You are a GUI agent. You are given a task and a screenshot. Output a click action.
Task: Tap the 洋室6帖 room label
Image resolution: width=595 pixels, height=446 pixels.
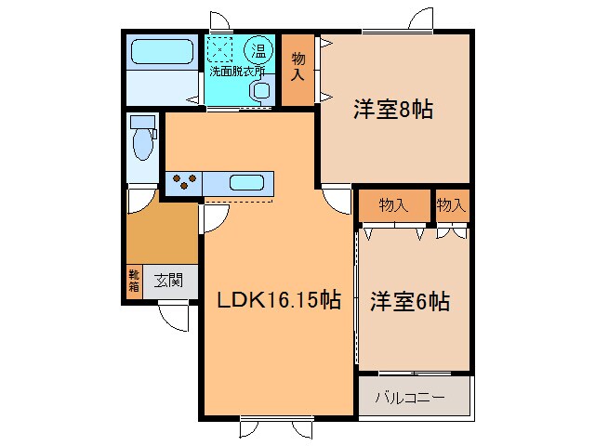(411, 302)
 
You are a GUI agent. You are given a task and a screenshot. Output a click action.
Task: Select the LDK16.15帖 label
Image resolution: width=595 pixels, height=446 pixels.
(278, 300)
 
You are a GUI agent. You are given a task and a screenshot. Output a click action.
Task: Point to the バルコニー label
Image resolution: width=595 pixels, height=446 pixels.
(410, 398)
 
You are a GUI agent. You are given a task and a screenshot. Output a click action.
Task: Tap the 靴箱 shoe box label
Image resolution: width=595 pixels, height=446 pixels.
(134, 281)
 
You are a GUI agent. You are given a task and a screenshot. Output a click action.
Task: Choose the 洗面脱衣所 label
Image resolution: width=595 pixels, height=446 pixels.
(236, 70)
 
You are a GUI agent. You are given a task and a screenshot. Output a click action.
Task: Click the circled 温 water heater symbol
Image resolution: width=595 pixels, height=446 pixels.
(256, 48)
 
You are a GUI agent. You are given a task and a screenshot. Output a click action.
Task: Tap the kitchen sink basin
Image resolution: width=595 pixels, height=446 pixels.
(247, 182)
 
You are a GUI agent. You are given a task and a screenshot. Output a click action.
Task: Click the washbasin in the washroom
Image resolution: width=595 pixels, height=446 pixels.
(260, 91)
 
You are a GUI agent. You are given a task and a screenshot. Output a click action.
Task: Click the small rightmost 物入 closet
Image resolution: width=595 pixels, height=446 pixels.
(451, 205)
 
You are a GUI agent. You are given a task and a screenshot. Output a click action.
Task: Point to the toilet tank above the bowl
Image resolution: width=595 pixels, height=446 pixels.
(142, 122)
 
